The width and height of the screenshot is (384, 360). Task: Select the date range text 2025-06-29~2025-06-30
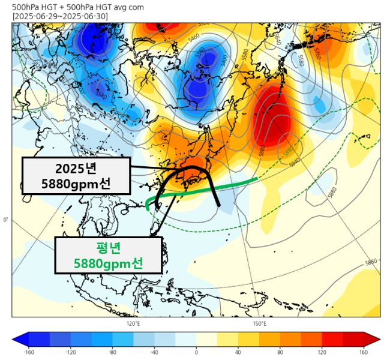point(60,16)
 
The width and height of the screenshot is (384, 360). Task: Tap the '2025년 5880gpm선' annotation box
point(76,175)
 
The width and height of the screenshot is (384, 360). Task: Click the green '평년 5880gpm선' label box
point(109,254)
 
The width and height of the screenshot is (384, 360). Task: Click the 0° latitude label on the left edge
point(5,220)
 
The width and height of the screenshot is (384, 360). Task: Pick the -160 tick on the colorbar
point(28,352)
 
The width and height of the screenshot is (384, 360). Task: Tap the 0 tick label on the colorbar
point(196,352)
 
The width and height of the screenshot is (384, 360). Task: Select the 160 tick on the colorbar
point(364,352)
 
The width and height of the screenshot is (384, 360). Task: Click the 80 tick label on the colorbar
point(280,352)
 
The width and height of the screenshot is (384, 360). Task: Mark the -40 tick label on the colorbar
point(154,352)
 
